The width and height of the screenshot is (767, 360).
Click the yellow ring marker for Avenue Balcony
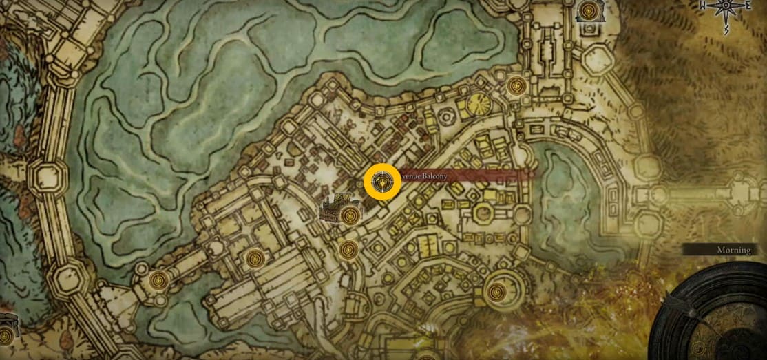pos(382,182)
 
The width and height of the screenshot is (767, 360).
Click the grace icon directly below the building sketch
pos(347,249)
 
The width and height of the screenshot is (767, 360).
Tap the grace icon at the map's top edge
pos(588,10)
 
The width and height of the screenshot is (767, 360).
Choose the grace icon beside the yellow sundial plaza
pos(516,87)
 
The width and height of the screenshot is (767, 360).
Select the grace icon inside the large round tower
pos(495,293)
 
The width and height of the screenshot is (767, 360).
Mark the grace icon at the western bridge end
pos(160,280)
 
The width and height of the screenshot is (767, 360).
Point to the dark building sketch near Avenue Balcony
pos(335,208)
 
